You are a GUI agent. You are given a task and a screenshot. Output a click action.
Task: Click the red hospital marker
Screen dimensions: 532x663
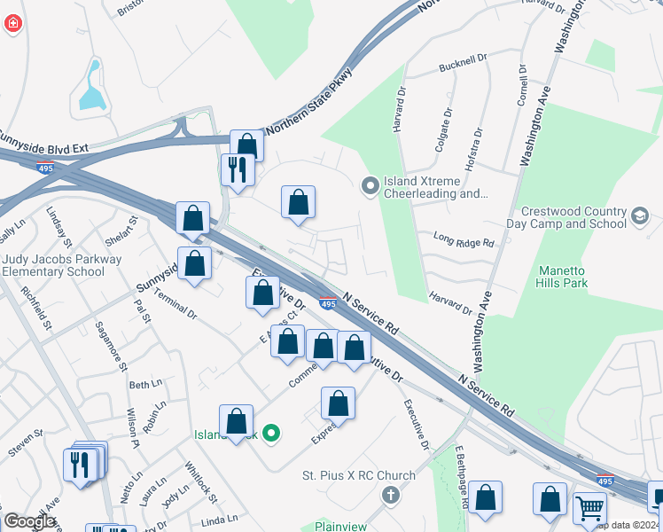12,24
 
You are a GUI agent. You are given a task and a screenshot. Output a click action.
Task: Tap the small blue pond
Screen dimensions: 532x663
91,88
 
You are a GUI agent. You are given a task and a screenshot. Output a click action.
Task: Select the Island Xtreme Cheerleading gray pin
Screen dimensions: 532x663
370,186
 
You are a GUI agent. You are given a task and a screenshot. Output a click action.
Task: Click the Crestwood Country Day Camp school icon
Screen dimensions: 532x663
640,216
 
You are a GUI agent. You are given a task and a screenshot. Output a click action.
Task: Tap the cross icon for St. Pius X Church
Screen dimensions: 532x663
389,495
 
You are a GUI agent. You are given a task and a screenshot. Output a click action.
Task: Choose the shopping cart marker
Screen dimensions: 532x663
589,508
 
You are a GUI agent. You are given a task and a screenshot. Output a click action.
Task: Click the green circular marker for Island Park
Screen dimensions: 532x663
272,434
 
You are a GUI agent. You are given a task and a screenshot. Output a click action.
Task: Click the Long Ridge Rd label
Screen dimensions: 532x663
463,239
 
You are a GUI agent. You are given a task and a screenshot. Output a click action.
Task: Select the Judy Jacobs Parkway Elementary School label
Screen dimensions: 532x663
53,266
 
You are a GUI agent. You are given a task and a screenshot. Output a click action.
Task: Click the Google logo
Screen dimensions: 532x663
30,521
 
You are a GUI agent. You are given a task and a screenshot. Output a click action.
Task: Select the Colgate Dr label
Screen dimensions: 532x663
443,129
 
